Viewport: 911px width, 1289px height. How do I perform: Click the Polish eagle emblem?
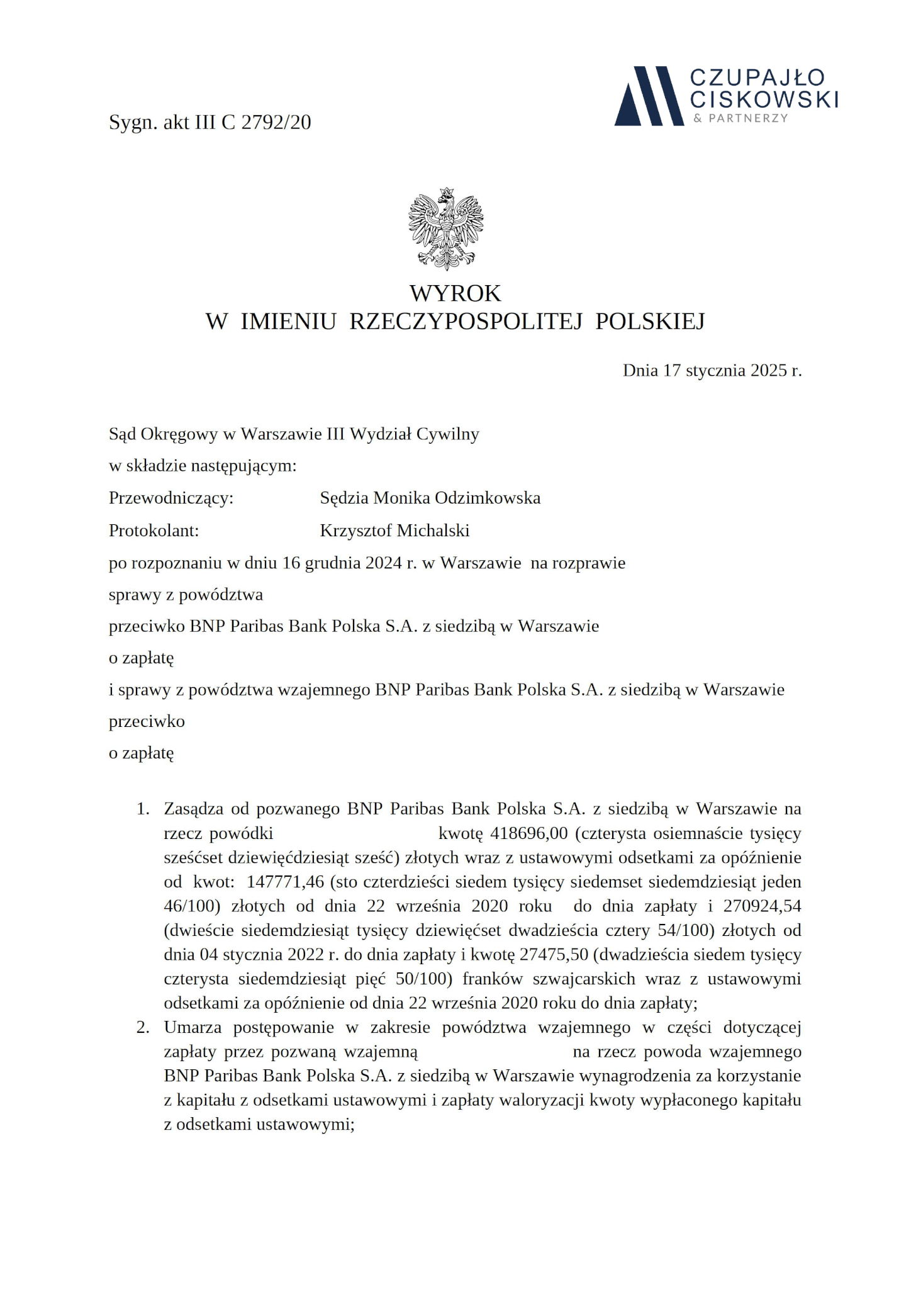(445, 228)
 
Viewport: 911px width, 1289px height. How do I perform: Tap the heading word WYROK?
(455, 293)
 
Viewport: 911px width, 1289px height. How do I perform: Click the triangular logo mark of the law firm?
(649, 96)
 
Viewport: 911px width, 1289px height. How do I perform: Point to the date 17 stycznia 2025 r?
(732, 370)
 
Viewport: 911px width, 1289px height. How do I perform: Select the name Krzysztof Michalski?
(394, 531)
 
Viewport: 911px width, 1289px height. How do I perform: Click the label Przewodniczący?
(170, 498)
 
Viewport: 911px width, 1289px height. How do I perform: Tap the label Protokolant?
(154, 531)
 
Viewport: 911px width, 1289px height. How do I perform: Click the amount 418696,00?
(528, 833)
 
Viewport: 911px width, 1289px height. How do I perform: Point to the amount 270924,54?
(762, 906)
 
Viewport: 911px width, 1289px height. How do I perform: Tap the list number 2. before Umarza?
(143, 1028)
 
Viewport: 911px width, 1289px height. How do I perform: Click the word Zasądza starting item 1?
(193, 809)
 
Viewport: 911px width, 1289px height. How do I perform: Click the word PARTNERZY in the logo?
(748, 118)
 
